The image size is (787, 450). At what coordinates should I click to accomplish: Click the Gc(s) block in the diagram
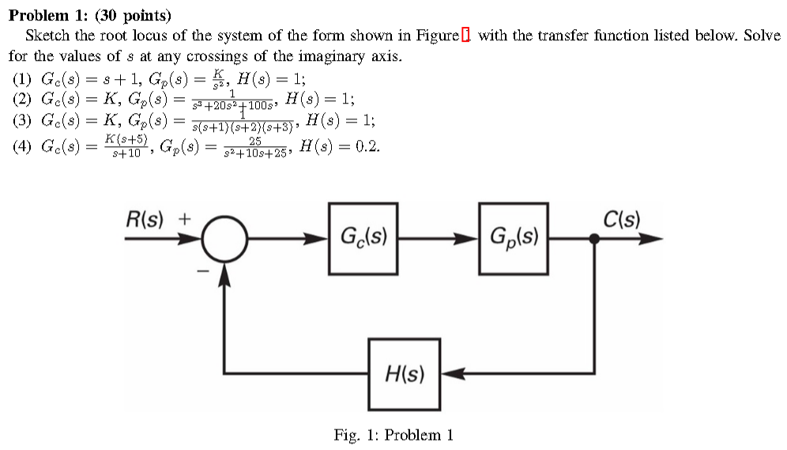pos(363,238)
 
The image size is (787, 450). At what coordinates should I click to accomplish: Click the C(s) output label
pos(621,219)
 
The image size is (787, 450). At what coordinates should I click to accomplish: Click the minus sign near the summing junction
pos(203,271)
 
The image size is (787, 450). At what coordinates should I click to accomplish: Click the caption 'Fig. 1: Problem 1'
pos(393,434)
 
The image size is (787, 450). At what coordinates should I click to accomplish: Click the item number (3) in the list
pos(24,121)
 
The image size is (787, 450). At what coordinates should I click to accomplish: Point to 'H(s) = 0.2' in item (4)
pos(335,146)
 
